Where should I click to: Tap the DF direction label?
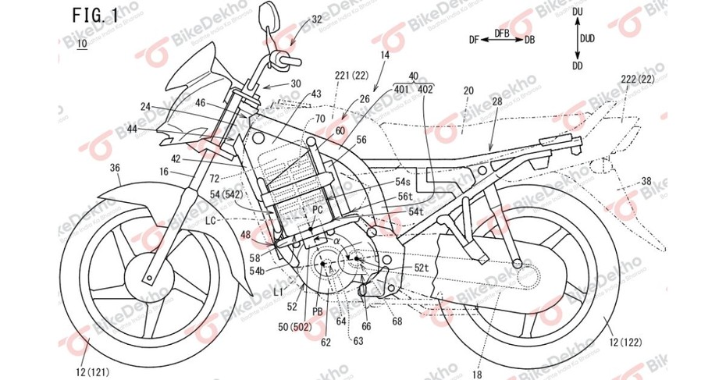point(474,38)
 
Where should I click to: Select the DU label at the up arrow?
point(577,13)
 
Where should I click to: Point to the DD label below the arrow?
point(577,66)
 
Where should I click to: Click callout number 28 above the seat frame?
point(497,102)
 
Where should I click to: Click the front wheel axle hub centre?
point(147,275)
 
